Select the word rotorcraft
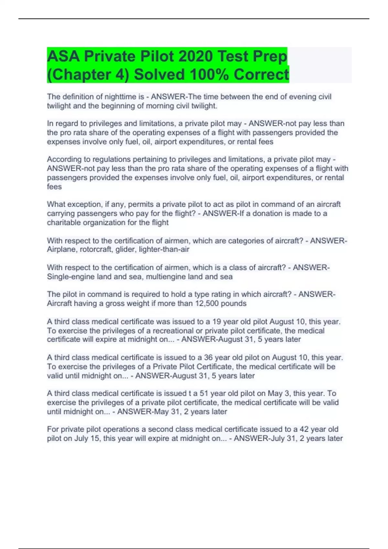(96, 249)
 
